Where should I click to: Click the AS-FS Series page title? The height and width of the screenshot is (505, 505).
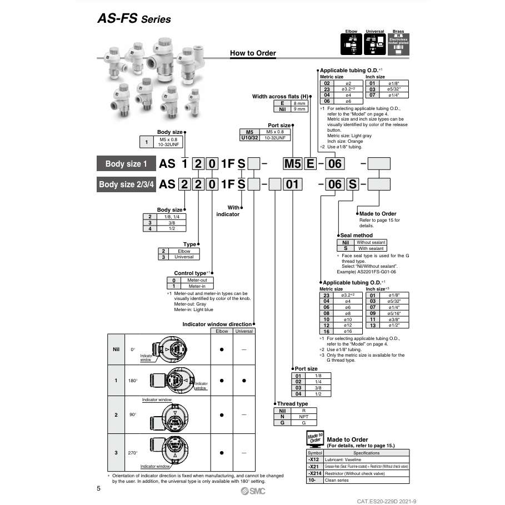[x=134, y=19]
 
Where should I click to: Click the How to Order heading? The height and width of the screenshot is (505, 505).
[x=253, y=53]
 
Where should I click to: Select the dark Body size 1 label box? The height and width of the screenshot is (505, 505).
[x=126, y=164]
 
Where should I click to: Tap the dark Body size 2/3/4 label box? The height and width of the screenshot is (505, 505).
[x=126, y=184]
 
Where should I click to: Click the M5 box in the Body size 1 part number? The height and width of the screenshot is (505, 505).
[x=293, y=164]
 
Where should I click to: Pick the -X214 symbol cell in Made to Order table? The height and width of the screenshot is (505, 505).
[x=314, y=473]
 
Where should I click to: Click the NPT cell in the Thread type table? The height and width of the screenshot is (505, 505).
[x=303, y=416]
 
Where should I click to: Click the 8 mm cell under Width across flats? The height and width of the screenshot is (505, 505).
[x=299, y=103]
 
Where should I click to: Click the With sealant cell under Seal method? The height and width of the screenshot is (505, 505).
[x=370, y=248]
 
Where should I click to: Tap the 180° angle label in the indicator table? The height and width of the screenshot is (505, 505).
[x=133, y=381]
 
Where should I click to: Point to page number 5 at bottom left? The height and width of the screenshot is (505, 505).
[x=99, y=489]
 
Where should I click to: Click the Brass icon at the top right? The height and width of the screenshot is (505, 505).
[x=398, y=43]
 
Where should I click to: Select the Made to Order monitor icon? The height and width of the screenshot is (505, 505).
[x=314, y=438]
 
